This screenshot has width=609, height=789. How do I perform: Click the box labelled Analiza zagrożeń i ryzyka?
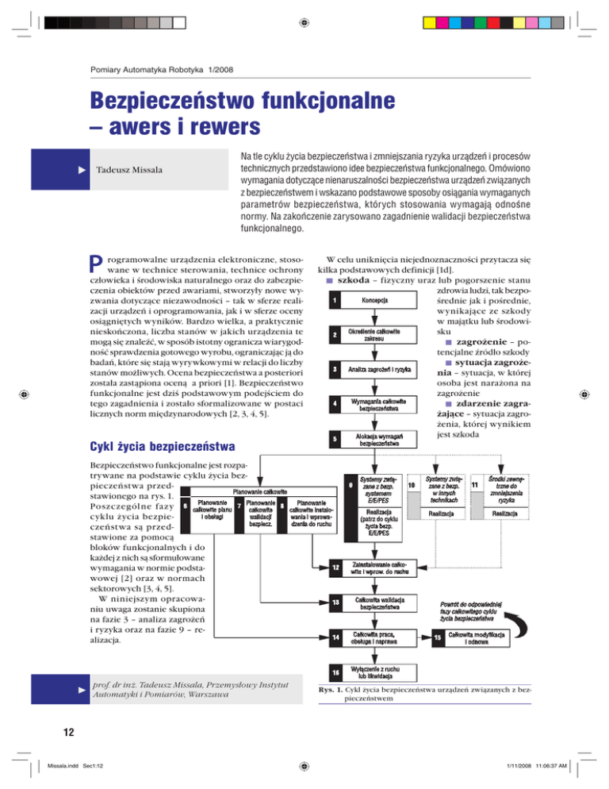click(376, 369)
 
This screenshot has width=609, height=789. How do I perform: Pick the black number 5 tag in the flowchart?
click(336, 439)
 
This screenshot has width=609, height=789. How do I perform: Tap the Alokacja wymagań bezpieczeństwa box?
click(376, 440)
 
